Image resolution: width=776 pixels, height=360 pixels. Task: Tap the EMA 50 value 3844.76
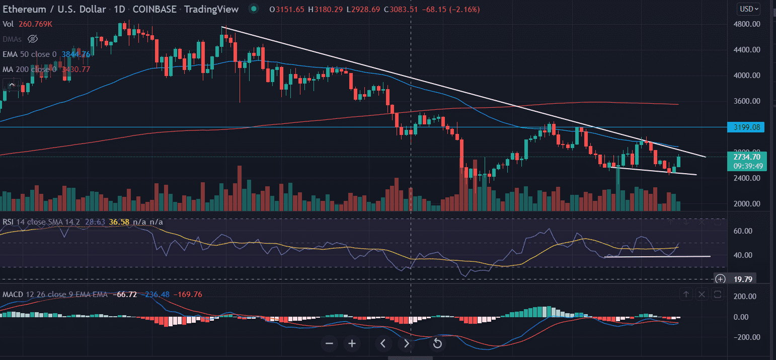point(75,54)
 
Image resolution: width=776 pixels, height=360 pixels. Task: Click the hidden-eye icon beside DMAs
point(33,39)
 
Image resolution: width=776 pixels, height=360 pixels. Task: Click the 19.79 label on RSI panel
point(743,279)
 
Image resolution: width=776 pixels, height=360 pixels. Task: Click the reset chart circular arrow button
point(437,344)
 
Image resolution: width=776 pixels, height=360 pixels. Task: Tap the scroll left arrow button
point(383,344)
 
